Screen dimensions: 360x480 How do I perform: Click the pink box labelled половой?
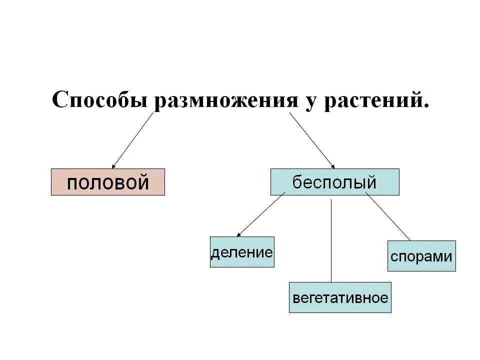point(108,181)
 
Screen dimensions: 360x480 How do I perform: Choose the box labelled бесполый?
point(334,181)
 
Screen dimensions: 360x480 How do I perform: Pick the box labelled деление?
point(242,251)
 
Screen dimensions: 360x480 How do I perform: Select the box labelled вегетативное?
point(340,298)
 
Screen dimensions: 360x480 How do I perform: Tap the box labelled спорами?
point(421,256)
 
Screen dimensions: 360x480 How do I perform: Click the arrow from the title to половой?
point(132,140)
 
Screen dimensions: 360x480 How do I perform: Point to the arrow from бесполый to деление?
point(261,214)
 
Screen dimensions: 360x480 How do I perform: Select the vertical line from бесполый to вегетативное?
point(331,240)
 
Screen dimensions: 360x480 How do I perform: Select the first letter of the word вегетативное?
point(296,298)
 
